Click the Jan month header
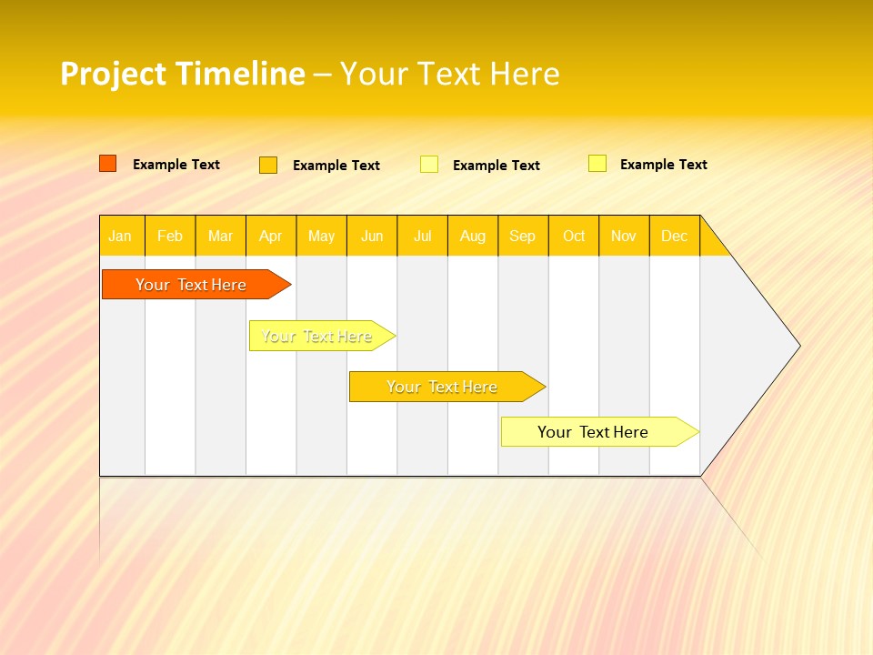pos(121,236)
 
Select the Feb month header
pos(170,236)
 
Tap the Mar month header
pos(220,236)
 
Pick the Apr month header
pos(271,236)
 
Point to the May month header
pos(321,236)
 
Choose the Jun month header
pos(372,236)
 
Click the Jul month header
pos(422,236)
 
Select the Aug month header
pos(473,236)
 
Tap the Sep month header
pos(523,236)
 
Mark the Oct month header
pos(574,236)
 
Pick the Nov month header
pos(624,236)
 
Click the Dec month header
pos(675,236)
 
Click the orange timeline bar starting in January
pos(191,285)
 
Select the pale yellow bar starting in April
pos(316,336)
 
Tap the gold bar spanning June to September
pos(442,387)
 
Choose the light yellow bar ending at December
pos(593,432)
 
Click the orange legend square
pos(107,164)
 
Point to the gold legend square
pos(268,165)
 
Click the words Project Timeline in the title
pos(182,74)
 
